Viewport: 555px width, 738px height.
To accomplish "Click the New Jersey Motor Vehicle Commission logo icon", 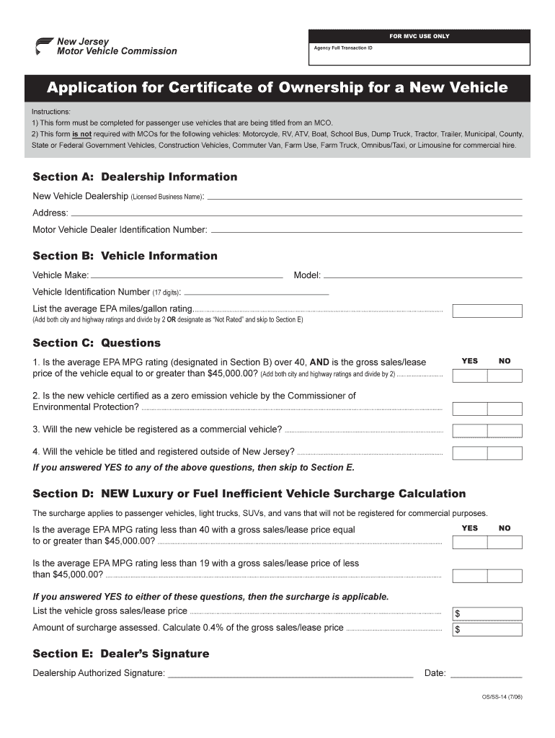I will (x=44, y=45).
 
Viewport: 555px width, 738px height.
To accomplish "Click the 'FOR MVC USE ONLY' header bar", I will (x=419, y=35).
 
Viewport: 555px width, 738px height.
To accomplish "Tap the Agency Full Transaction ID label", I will (x=343, y=48).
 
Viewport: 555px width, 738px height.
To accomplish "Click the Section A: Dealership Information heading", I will (x=135, y=177).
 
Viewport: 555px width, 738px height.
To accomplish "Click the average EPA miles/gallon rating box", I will (x=487, y=311).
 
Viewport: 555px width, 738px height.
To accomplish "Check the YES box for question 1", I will (x=469, y=375).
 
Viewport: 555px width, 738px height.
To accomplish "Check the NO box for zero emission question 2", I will (x=504, y=409).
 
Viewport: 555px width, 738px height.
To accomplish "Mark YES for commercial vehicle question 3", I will (x=469, y=430).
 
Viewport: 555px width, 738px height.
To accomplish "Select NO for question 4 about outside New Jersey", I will (x=504, y=453).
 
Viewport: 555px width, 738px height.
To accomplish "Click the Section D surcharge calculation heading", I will (x=249, y=494).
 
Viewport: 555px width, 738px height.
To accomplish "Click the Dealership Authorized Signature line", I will (x=290, y=675).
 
